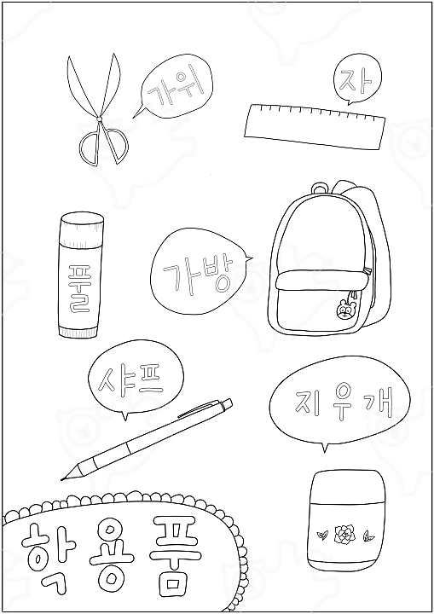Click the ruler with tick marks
click(x=315, y=126)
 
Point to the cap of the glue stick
click(x=82, y=230)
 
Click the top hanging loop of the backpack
click(x=320, y=188)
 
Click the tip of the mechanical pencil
click(x=62, y=478)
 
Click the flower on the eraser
click(x=344, y=533)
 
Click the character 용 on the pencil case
click(x=111, y=556)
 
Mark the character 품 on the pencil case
click(x=175, y=556)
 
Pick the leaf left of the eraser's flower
click(x=323, y=534)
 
